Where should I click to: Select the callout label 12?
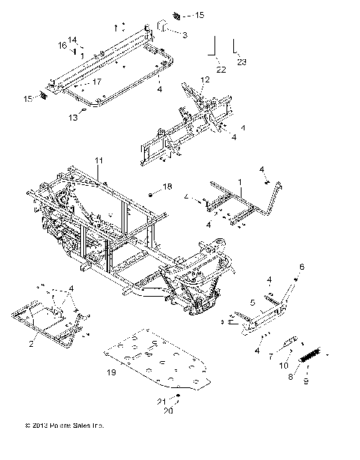[x=205, y=79]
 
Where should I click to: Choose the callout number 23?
[x=241, y=63]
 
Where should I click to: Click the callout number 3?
[x=184, y=34]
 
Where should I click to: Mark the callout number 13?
[x=73, y=118]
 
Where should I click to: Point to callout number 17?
[x=97, y=81]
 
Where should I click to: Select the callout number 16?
[x=62, y=46]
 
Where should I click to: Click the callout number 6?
[x=302, y=267]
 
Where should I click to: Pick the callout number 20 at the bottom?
[x=168, y=411]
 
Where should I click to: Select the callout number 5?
[x=253, y=303]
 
